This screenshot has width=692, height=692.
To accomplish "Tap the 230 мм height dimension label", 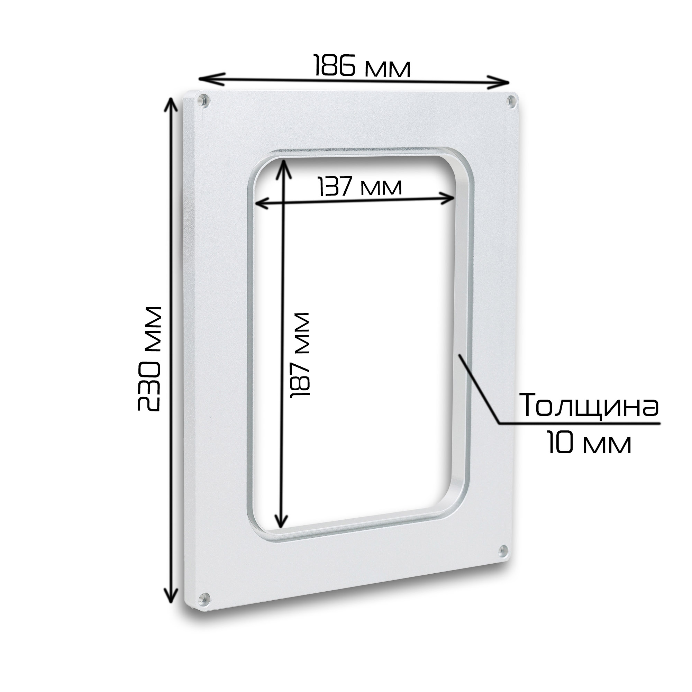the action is (x=150, y=358).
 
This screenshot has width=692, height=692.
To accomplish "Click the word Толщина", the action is (x=589, y=406).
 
